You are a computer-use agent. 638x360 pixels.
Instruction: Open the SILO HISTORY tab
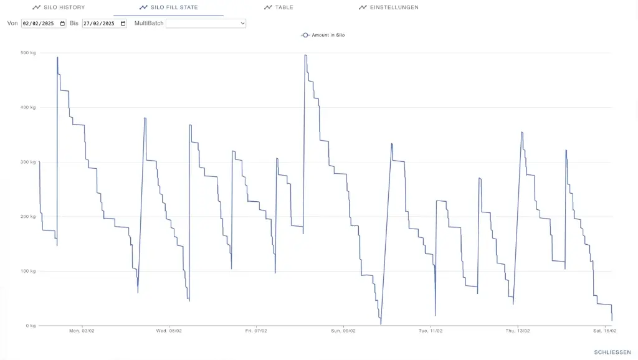pyautogui.click(x=59, y=7)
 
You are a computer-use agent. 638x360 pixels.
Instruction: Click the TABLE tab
pyautogui.click(x=279, y=7)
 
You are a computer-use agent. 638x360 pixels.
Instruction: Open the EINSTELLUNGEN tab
pyautogui.click(x=389, y=7)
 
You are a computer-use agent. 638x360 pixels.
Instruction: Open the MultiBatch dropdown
pyautogui.click(x=206, y=24)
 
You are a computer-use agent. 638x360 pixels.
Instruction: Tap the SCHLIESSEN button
pyautogui.click(x=612, y=353)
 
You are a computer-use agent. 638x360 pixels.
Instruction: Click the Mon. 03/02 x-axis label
pyautogui.click(x=82, y=331)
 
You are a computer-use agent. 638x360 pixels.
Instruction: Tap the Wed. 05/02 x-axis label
pyautogui.click(x=169, y=331)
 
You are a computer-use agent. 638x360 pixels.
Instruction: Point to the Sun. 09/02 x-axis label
pyautogui.click(x=343, y=331)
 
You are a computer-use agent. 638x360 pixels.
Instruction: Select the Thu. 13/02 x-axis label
pyautogui.click(x=518, y=331)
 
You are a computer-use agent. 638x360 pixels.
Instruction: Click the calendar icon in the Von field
pyautogui.click(x=62, y=24)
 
